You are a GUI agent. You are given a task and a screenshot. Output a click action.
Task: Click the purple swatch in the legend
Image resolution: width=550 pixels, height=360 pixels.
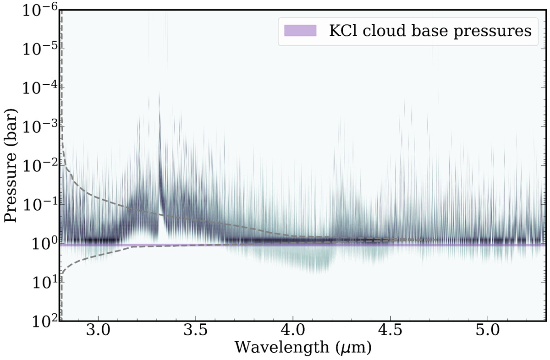click(300, 31)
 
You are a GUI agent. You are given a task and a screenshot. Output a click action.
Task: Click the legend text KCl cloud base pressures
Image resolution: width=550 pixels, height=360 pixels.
click(430, 31)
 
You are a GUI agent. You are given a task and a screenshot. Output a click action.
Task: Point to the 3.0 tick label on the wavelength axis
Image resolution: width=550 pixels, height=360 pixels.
click(98, 330)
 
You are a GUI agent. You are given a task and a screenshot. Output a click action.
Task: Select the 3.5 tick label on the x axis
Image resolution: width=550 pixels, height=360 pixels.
click(196, 330)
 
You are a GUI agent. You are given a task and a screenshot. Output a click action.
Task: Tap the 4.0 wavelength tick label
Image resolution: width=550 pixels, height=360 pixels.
click(293, 330)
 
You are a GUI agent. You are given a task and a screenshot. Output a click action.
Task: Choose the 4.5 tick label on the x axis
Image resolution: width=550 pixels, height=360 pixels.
click(390, 330)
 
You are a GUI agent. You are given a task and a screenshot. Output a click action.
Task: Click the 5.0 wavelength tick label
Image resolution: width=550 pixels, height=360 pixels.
click(488, 330)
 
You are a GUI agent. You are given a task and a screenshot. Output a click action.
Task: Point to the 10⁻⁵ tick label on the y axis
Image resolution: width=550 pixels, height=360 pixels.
click(40, 49)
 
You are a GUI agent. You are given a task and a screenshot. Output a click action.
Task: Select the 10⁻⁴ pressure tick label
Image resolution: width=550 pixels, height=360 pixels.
click(40, 87)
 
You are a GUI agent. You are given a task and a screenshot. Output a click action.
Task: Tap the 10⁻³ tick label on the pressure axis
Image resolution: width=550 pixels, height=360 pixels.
click(40, 126)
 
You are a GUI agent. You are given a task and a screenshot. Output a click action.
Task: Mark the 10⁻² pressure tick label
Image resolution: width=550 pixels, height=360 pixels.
click(40, 165)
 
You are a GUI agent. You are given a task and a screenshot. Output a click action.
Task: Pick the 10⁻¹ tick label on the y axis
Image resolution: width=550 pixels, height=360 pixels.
click(40, 204)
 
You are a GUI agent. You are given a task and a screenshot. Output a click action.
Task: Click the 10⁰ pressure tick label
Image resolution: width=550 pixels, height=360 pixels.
click(44, 244)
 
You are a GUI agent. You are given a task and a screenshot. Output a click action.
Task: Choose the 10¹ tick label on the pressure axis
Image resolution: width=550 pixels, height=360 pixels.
click(44, 282)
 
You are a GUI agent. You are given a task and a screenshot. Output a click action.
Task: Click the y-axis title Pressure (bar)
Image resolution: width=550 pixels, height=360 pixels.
click(11, 165)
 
